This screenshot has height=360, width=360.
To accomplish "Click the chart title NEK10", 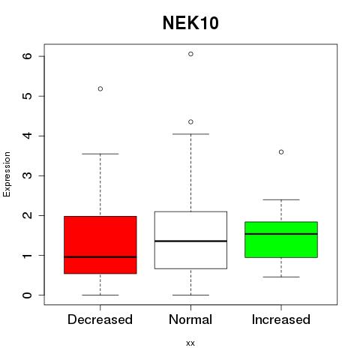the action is coord(190,23).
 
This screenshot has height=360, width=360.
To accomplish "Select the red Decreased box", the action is coord(100,244).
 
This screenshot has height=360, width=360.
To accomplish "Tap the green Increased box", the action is coord(281,239).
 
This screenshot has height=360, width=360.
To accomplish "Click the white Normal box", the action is coord(190,240).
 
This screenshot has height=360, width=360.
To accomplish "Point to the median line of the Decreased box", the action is coord(100,257).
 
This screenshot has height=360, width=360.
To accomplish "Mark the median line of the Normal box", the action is coord(190,241).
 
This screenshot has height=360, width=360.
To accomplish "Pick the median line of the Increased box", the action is coord(281,234).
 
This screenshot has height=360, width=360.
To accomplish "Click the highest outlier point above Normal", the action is coord(190,54).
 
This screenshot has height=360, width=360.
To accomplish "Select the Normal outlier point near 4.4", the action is coord(190,122).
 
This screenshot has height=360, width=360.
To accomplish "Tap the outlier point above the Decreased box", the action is coord(100,88).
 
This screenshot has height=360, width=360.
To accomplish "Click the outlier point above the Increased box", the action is coord(281,152).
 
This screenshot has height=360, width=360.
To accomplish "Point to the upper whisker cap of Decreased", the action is coord(100,154).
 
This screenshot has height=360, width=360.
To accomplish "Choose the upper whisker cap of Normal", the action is coord(190,134).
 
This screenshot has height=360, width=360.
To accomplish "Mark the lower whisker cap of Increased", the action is coord(281,277).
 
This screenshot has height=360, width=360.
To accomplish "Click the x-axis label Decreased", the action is coord(100,319).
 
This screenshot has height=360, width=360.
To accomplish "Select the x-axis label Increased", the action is coord(281,319).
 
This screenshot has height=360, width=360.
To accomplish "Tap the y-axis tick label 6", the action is coord(28,56).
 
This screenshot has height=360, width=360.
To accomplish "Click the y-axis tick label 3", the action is coord(28,175).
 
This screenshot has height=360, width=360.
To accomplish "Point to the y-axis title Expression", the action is coord(7,174).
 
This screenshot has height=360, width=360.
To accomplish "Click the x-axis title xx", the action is coord(190,343).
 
